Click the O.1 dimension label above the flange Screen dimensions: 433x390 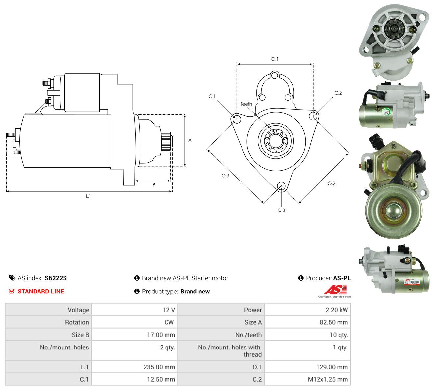(x=275, y=59)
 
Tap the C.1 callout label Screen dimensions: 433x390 (x=212, y=96)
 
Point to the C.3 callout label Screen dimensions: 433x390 (x=281, y=210)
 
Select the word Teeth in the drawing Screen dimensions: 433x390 (x=246, y=104)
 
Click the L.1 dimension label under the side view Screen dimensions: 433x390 (x=89, y=196)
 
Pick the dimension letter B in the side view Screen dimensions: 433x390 (x=154, y=185)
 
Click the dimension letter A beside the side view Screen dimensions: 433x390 (x=190, y=140)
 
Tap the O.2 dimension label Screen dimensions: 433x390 (x=332, y=183)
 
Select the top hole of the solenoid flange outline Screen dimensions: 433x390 (x=275, y=76)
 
